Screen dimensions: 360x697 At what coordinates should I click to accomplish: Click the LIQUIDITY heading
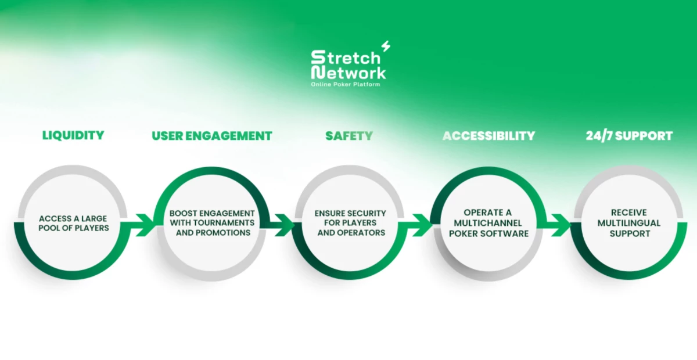[73, 135]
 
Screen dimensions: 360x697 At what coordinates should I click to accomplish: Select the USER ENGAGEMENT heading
[212, 136]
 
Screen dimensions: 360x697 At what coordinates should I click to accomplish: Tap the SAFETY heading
[348, 136]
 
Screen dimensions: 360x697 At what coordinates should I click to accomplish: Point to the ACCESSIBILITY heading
[488, 136]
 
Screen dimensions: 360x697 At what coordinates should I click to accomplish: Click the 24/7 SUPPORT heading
[628, 136]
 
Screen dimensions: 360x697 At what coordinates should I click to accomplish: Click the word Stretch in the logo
[346, 57]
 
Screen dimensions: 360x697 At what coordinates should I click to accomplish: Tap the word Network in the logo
[348, 73]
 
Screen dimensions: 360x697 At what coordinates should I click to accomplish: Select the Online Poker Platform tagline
[346, 85]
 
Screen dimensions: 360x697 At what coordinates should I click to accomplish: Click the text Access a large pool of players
[73, 223]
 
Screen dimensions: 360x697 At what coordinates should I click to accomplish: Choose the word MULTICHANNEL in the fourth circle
[488, 223]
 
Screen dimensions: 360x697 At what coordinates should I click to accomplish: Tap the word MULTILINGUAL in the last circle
[628, 223]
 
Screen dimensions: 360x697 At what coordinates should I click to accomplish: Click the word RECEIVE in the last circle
[628, 213]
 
